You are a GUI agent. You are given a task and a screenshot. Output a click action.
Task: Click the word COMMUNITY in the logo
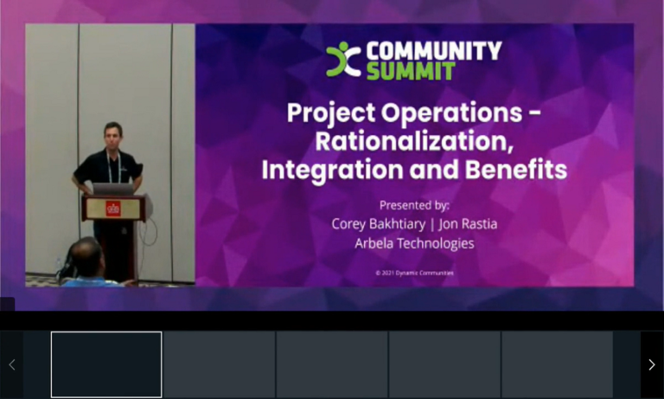433,51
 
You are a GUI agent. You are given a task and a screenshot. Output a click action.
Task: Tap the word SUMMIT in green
410,71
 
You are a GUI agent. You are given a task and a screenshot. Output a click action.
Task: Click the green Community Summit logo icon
342,60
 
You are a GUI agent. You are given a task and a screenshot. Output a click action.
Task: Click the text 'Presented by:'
414,205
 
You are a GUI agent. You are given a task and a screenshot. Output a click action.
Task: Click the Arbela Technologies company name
414,243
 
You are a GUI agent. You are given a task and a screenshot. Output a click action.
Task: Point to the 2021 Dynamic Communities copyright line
414,273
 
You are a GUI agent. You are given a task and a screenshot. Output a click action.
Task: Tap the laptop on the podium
113,188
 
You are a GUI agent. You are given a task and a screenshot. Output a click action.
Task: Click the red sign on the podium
112,208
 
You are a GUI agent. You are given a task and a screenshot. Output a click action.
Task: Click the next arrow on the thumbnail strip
651,364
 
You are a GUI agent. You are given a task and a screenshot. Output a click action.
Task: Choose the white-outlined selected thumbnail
106,364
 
